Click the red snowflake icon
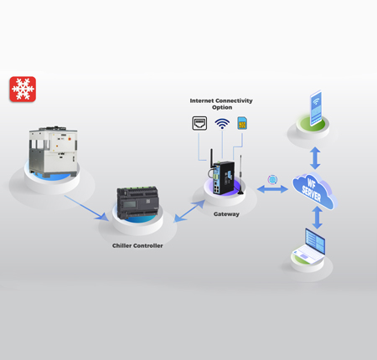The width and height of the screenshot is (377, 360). [23, 90]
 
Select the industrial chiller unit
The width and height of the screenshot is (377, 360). [53, 152]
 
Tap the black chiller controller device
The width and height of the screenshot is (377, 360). [137, 203]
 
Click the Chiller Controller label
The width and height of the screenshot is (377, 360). [137, 245]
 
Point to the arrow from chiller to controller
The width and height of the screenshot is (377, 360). [86, 208]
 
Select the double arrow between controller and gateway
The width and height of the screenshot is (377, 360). [189, 211]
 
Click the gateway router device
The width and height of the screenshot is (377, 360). [225, 173]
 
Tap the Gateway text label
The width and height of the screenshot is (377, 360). [226, 214]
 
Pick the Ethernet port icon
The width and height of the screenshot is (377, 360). [199, 123]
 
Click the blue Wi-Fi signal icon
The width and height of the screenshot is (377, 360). [222, 123]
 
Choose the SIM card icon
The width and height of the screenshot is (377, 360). [242, 123]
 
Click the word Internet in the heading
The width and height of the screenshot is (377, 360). [202, 100]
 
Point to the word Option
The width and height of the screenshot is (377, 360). [222, 107]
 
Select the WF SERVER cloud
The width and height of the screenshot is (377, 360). [314, 192]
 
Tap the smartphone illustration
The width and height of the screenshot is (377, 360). [316, 108]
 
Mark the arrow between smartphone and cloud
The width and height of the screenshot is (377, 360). [315, 158]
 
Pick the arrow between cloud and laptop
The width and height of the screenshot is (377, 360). [318, 218]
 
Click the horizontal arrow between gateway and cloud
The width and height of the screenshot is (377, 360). [272, 189]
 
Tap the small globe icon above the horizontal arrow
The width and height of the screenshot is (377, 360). [272, 179]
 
